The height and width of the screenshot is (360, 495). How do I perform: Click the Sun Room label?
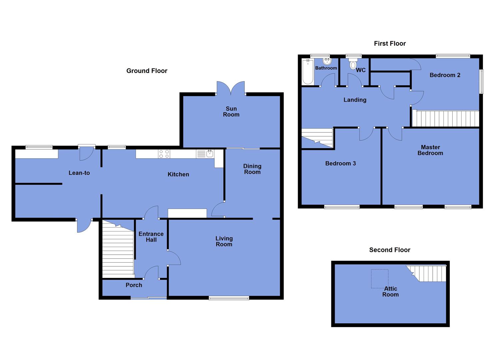231,111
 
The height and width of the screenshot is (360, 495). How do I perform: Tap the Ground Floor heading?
147,71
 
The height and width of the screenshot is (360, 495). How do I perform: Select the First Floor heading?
390,43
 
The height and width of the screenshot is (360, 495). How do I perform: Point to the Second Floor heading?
389,250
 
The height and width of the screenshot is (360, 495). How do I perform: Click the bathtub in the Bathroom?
308,72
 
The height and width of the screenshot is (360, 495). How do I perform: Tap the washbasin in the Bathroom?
327,61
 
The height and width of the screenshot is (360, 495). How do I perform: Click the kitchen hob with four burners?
164,154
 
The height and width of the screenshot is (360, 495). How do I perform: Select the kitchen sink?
210,154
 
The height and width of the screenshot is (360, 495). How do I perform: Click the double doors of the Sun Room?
231,88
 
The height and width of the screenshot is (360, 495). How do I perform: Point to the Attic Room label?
390,291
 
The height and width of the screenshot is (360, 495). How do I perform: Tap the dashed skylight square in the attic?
380,279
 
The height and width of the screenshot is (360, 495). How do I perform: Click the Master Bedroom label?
430,150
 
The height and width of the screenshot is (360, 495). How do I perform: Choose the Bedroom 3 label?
340,163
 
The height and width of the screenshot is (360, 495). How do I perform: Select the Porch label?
134,285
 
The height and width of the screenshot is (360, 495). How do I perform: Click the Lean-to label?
79,173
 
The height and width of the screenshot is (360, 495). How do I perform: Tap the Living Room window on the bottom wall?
229,298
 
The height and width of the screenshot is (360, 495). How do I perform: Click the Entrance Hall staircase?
118,250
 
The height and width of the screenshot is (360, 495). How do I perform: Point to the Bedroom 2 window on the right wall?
481,81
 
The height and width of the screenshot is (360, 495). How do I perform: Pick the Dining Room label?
252,169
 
